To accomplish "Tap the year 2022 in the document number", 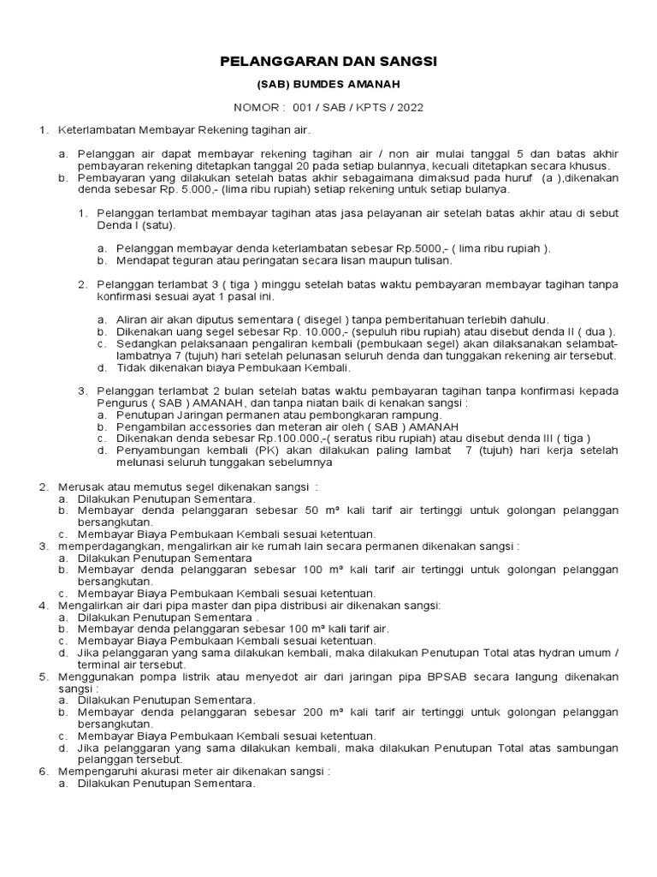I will tap(406, 108).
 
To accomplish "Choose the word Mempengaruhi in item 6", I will tap(96, 771).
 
